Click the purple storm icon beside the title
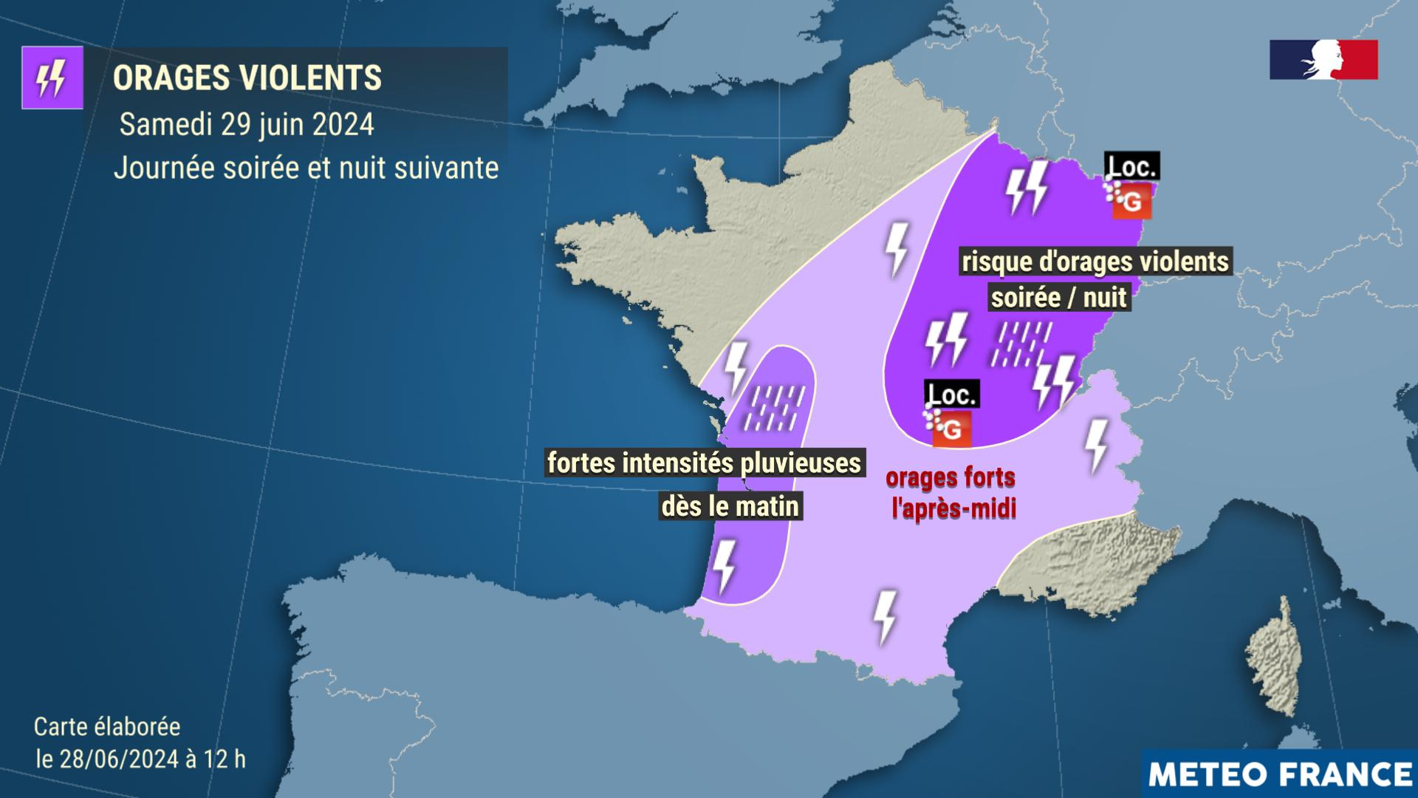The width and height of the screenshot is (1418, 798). pyautogui.click(x=52, y=78)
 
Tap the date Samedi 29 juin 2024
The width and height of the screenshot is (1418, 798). pyautogui.click(x=247, y=124)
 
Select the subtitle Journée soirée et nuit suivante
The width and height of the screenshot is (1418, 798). pyautogui.click(x=306, y=168)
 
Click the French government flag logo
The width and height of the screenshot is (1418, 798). pyautogui.click(x=1323, y=59)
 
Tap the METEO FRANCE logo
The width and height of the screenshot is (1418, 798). pyautogui.click(x=1280, y=774)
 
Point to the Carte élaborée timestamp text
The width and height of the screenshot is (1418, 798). pyautogui.click(x=140, y=743)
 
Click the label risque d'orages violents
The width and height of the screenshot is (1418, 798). pyautogui.click(x=1095, y=262)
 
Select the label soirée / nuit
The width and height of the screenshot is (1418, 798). pyautogui.click(x=1059, y=297)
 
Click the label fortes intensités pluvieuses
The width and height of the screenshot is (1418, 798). pyautogui.click(x=704, y=463)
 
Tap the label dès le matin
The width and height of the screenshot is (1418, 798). pyautogui.click(x=730, y=506)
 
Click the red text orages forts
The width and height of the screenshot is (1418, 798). pyautogui.click(x=951, y=478)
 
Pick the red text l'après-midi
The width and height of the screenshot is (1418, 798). pyautogui.click(x=953, y=509)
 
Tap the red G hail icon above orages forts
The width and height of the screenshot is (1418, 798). pyautogui.click(x=952, y=429)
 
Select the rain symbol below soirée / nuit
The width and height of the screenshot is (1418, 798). pyautogui.click(x=1023, y=344)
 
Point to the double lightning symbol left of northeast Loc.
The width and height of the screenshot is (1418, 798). pyautogui.click(x=1027, y=188)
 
